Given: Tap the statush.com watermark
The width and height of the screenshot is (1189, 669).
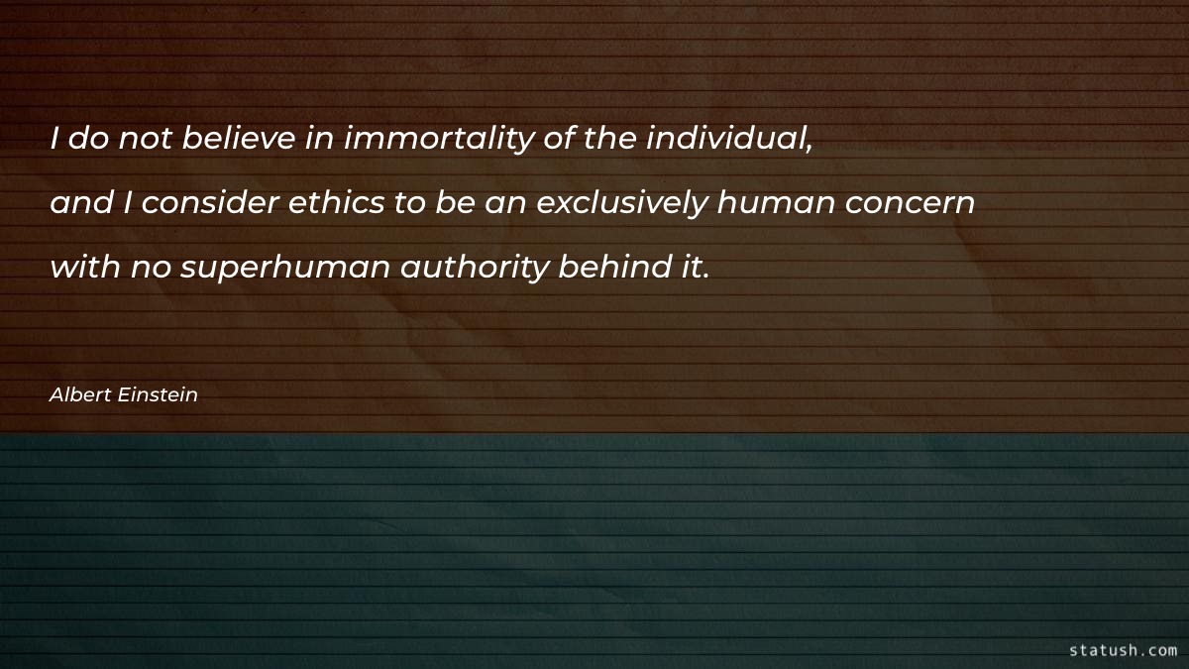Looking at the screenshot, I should pos(1123,650).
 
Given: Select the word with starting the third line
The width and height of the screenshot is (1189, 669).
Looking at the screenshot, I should pos(83,267).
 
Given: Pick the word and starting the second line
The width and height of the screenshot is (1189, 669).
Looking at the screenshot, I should pos(79,203).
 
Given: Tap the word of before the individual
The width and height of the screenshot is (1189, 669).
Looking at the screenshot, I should pos(560,140).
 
